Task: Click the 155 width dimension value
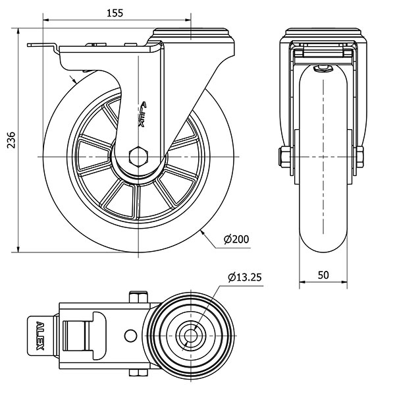tap(117, 12)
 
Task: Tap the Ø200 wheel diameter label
tap(236, 239)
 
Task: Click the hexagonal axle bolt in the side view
tap(138, 156)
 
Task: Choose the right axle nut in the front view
tap(361, 156)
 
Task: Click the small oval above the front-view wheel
tap(323, 68)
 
